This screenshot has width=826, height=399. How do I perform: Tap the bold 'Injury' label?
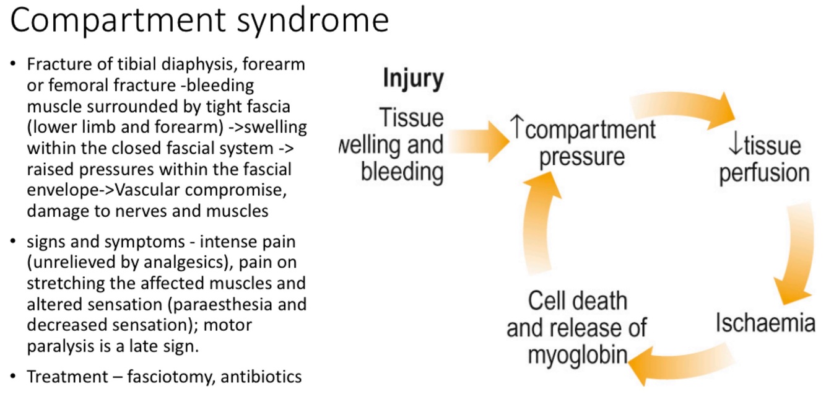click(413, 79)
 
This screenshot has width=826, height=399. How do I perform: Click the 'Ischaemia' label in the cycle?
click(765, 323)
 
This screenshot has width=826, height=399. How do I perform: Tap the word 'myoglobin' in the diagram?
click(576, 356)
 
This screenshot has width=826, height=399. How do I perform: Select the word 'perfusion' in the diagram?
click(763, 173)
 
